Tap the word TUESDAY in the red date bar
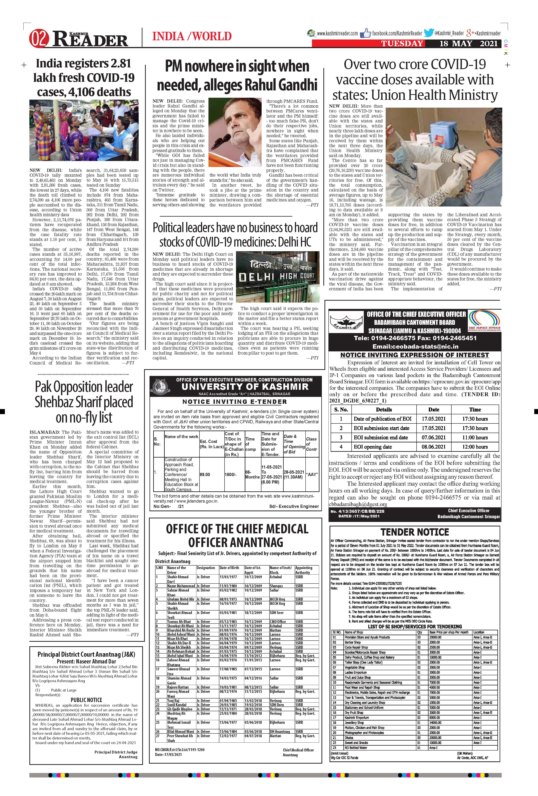click(402, 43)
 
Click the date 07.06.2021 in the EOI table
click(434, 437)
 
